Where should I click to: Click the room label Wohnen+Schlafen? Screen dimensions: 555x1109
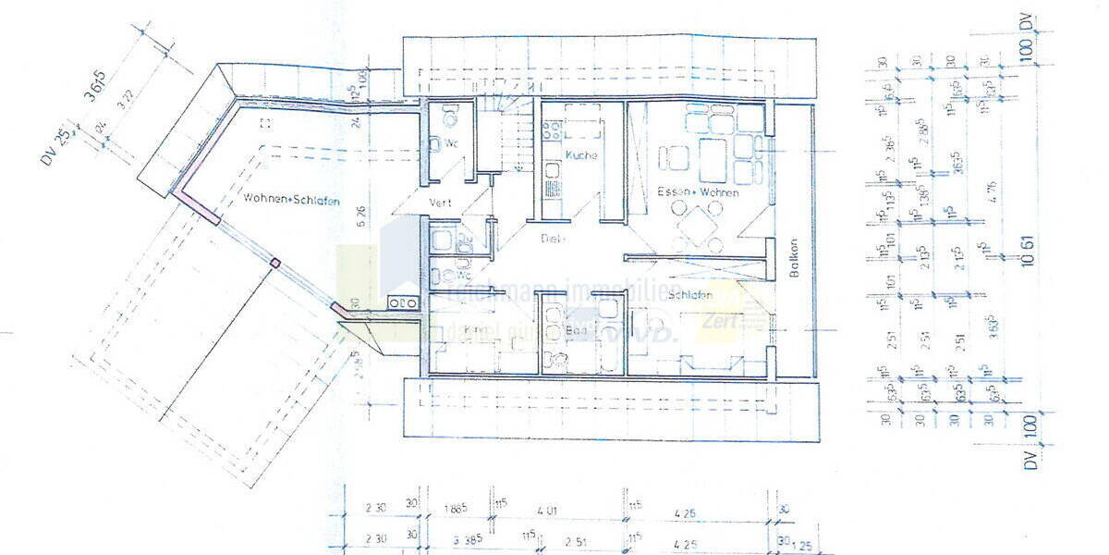(x=292, y=199)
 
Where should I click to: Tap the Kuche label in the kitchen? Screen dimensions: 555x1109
(x=581, y=154)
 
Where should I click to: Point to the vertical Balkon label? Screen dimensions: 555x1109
(x=793, y=260)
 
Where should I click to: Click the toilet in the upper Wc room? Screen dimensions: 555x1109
(x=450, y=118)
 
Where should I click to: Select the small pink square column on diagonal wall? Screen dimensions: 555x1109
(x=274, y=264)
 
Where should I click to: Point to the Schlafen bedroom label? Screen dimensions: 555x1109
(x=690, y=294)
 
